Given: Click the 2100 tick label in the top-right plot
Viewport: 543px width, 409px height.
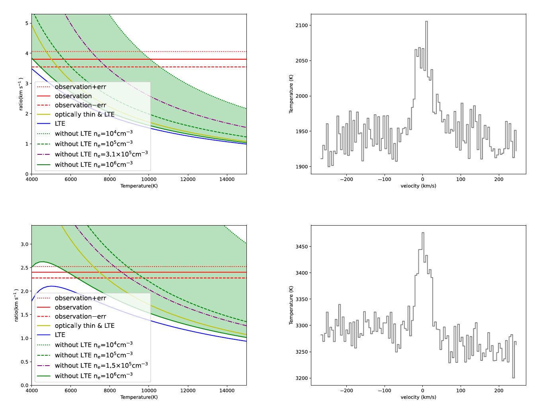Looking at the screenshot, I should (301, 25).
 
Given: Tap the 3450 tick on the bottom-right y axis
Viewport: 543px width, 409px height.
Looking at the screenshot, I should (301, 247).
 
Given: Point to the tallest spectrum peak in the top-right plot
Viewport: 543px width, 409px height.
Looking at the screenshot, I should (426, 22).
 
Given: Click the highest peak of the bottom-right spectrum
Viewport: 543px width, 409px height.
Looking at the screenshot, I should (423, 233).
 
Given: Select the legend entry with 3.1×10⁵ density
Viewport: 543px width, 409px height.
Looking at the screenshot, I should (101, 154).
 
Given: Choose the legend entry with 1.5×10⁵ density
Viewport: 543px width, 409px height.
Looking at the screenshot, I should (101, 365).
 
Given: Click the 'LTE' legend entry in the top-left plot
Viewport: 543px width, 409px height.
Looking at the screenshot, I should (60, 123).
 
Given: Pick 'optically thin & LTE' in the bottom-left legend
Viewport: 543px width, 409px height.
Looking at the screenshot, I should (84, 325).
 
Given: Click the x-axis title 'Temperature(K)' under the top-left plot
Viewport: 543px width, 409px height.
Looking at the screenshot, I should (139, 186).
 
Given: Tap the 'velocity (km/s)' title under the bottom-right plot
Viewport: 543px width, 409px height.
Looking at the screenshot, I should (418, 397).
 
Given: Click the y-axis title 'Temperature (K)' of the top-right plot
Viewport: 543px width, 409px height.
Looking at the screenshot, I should (291, 94).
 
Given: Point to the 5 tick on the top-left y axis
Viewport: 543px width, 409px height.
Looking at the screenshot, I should (27, 23).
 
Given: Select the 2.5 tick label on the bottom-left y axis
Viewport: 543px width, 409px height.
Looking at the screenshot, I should (25, 268).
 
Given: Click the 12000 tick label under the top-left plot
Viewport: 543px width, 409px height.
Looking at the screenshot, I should (188, 179).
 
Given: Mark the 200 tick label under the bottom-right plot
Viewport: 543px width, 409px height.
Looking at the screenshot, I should (499, 390).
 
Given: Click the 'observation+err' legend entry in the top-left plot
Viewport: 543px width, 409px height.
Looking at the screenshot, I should (80, 87).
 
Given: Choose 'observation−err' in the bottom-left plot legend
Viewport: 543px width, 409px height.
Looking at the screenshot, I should (80, 316).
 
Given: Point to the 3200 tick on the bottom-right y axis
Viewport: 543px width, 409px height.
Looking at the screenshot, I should (301, 378).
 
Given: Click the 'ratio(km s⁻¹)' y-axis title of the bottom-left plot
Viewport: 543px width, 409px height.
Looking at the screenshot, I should (16, 305).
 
